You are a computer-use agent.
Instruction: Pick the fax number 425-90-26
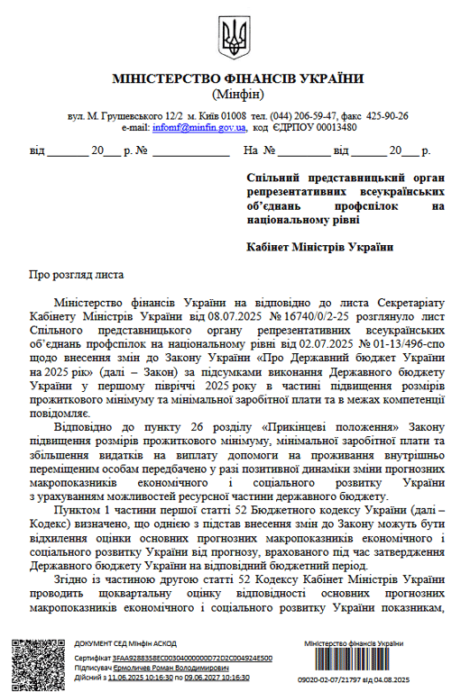[387, 116]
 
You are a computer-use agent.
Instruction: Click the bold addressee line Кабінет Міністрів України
[320, 246]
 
